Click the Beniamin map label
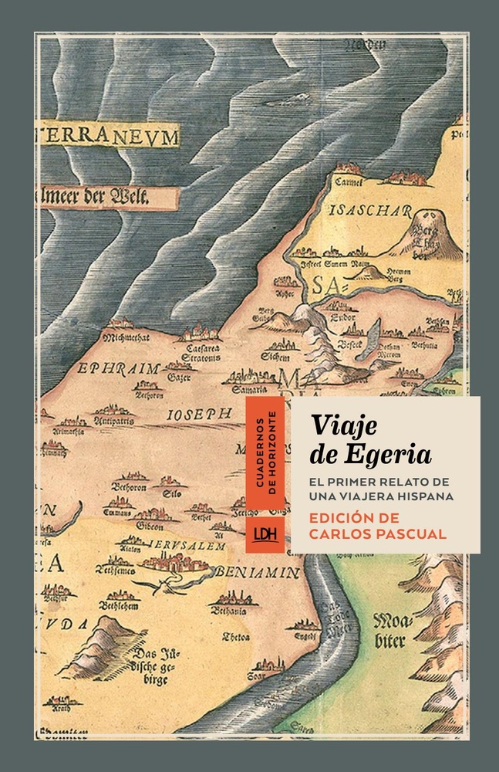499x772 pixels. point(246,572)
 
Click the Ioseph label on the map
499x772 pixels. point(200,415)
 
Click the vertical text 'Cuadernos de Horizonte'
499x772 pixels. point(263,455)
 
